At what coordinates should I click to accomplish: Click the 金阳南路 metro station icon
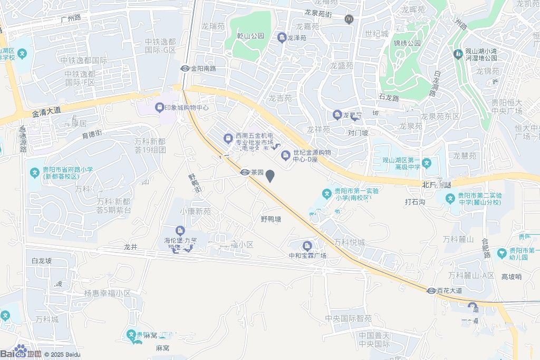click(x=185, y=69)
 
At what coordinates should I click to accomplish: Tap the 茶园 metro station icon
click(x=245, y=172)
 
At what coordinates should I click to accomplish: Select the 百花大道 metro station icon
click(x=431, y=290)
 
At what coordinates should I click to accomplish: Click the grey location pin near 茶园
click(x=271, y=176)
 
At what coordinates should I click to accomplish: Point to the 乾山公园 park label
click(x=250, y=36)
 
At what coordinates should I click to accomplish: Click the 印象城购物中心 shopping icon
click(x=159, y=108)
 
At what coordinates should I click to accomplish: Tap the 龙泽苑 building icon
click(x=282, y=38)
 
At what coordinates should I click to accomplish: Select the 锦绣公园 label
click(x=407, y=43)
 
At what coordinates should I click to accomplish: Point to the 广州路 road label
click(x=70, y=18)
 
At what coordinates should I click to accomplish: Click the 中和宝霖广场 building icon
click(x=307, y=246)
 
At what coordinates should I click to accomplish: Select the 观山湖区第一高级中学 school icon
click(x=427, y=163)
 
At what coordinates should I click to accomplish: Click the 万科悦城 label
click(x=349, y=242)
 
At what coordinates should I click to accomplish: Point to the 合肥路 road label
click(x=486, y=248)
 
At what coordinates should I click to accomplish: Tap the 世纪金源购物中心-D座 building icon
click(x=285, y=155)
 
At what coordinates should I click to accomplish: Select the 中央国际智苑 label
click(x=348, y=318)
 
